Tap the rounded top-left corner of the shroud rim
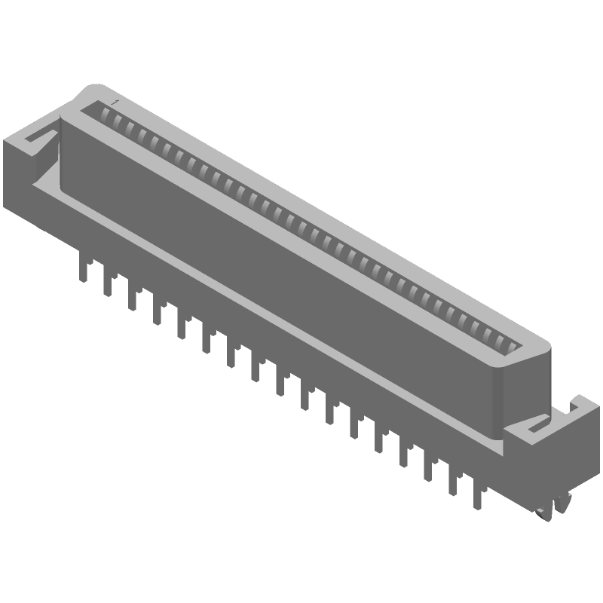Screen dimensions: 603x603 [x=89, y=92]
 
